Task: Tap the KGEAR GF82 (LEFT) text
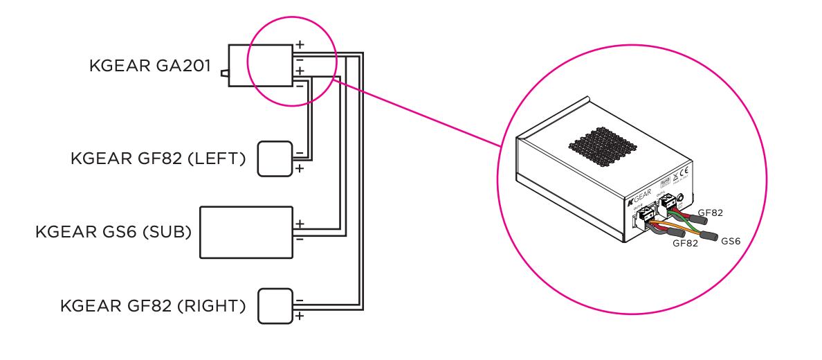tap(157, 159)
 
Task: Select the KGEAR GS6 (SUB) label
tap(113, 231)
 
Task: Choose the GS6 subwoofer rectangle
tap(246, 231)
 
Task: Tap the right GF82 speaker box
tap(275, 305)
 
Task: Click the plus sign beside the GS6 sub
tap(300, 223)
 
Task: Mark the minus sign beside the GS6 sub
tap(300, 239)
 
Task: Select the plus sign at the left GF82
tap(299, 168)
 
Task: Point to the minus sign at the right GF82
tap(299, 298)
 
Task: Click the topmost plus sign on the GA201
tap(299, 44)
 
